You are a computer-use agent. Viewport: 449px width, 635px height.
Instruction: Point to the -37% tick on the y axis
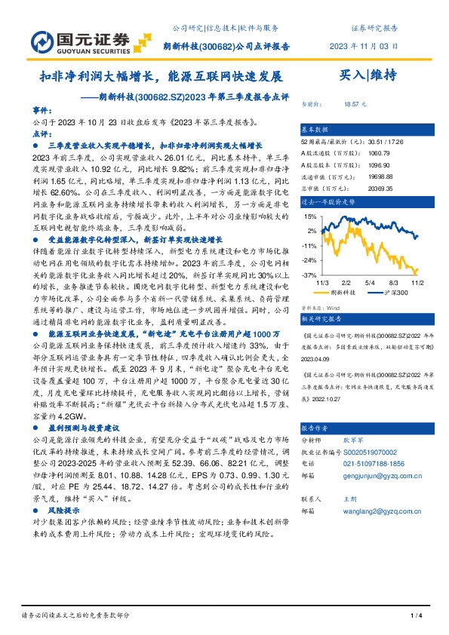click(310, 275)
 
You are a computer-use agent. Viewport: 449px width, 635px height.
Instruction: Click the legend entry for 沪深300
click(393, 290)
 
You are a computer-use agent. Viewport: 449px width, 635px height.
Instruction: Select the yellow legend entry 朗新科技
click(346, 290)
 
